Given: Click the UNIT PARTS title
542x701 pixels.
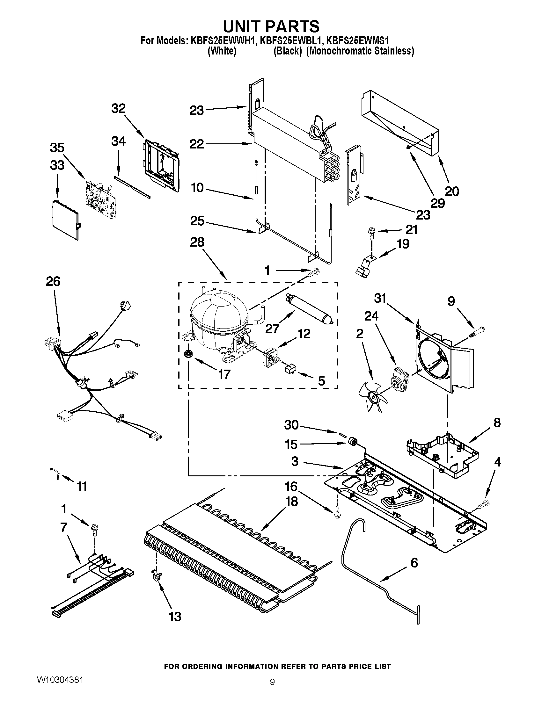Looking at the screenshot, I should click(271, 26).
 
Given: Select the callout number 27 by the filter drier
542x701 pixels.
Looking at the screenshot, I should click(272, 329).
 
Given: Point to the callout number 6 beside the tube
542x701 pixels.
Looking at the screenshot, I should click(414, 563).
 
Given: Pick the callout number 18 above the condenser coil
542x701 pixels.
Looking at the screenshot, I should click(291, 501).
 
